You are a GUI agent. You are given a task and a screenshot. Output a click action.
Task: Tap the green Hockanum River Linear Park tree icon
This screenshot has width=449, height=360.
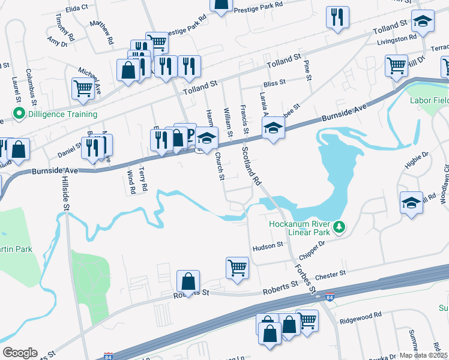pos(340,227)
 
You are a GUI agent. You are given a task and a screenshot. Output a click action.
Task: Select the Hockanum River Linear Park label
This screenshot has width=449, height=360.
pos(300,227)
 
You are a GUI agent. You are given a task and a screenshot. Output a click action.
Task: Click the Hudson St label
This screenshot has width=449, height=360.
pos(267,246)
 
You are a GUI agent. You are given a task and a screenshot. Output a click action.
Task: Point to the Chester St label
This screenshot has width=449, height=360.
pos(331,274)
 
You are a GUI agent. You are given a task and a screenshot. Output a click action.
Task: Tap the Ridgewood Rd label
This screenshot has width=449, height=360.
pos(360,315)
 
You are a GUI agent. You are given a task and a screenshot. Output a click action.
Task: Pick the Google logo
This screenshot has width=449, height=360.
pos(20,353)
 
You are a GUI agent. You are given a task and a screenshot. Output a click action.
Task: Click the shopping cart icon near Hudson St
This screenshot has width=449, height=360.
pos(237,266)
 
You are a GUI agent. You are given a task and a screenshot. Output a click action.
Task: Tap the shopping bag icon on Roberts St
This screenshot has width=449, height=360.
pos(188,281)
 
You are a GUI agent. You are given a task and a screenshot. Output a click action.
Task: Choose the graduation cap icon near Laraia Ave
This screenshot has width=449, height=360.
pos(273,128)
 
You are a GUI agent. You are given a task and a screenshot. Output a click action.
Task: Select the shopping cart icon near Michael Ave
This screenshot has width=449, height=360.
pos(82,88)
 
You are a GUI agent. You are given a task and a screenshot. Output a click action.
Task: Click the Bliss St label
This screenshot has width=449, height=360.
pos(274,84)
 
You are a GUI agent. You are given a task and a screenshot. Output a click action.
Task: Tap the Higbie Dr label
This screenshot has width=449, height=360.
pos(415,160)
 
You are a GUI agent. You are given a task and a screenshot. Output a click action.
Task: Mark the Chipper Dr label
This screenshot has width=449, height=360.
pos(312,245)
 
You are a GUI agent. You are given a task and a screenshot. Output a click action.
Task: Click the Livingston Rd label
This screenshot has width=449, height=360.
pos(397,40)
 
